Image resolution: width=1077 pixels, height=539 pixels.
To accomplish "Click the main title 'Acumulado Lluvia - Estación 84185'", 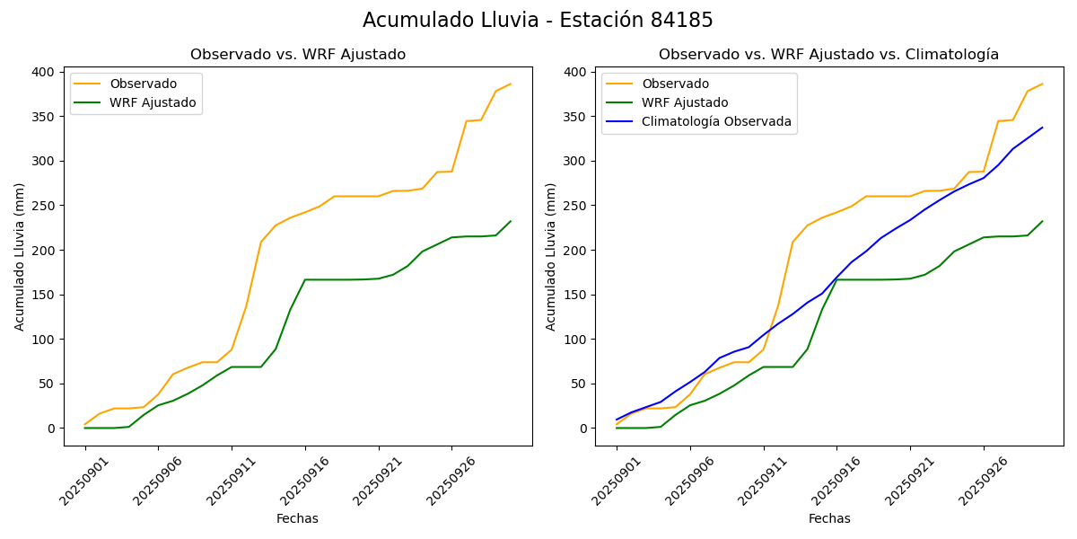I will pyautogui.click(x=538, y=20).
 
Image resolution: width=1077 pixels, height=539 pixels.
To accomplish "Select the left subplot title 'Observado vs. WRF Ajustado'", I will pyautogui.click(x=298, y=55).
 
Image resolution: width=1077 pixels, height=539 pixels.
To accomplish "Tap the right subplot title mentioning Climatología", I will pyautogui.click(x=828, y=55).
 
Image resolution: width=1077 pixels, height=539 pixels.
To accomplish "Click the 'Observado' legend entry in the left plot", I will pyautogui.click(x=136, y=84).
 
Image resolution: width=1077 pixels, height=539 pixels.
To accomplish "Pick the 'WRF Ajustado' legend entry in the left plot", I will pyautogui.click(x=153, y=102).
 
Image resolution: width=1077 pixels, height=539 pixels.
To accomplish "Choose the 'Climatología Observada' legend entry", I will pyautogui.click(x=716, y=121).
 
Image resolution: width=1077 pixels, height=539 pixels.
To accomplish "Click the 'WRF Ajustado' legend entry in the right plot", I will pyautogui.click(x=684, y=102).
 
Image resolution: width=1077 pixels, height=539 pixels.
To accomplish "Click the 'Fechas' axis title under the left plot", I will pyautogui.click(x=297, y=518).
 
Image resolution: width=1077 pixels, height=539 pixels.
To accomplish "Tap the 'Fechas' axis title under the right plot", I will pyautogui.click(x=829, y=518).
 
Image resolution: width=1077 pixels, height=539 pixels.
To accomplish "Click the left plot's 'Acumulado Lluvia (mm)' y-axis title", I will pyautogui.click(x=20, y=256).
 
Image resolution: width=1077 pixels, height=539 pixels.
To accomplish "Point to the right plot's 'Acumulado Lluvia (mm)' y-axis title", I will pyautogui.click(x=551, y=256).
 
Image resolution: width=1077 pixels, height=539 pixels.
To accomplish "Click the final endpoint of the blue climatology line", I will pyautogui.click(x=1042, y=128).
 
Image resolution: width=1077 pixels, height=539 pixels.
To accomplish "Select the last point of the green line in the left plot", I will pyautogui.click(x=511, y=221).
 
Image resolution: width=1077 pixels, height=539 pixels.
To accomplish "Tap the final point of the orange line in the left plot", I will pyautogui.click(x=511, y=84).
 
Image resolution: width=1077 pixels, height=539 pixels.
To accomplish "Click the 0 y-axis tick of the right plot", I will pyautogui.click(x=581, y=429).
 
